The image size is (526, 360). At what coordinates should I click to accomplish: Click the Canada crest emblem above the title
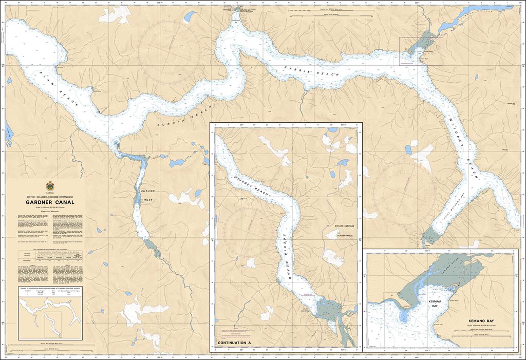click(x=50, y=186)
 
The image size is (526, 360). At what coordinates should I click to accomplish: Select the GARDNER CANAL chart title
click(x=50, y=202)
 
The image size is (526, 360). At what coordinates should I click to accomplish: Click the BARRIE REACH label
click(x=313, y=72)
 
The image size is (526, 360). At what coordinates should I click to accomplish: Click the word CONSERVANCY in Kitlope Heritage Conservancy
click(x=344, y=236)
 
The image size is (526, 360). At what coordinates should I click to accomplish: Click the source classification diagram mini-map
click(x=49, y=310)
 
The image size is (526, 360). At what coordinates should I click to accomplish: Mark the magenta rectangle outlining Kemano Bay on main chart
click(x=421, y=51)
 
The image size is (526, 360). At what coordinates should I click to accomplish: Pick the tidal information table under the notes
click(x=49, y=257)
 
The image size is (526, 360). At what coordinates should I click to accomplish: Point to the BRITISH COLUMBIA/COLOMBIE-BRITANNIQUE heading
click(x=50, y=197)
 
